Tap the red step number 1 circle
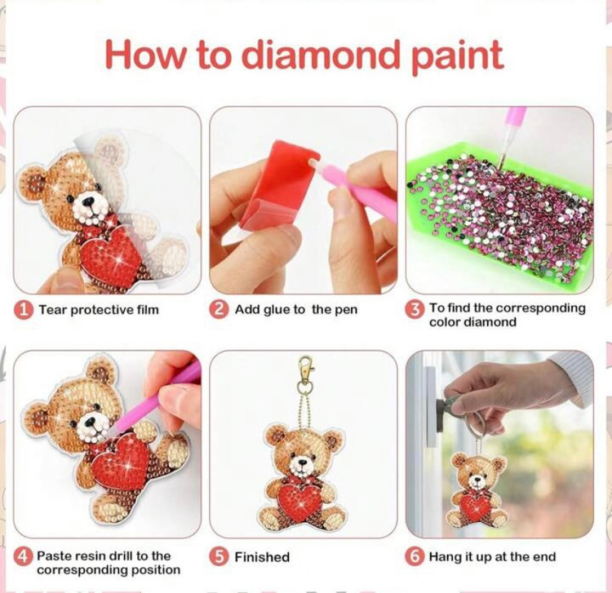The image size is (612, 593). (x=24, y=310)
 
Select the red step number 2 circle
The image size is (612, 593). (x=219, y=310)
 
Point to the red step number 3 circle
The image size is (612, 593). (x=415, y=310)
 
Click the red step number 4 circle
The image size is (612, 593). (x=23, y=556)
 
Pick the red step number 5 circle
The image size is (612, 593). (x=219, y=557)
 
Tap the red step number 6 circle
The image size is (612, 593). (x=415, y=557)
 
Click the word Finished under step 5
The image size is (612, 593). (x=262, y=557)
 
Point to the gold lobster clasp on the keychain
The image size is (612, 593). (x=306, y=369)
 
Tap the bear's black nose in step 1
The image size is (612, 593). (x=89, y=201)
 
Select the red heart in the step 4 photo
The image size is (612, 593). (x=120, y=459)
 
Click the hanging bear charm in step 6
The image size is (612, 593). (x=477, y=489)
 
